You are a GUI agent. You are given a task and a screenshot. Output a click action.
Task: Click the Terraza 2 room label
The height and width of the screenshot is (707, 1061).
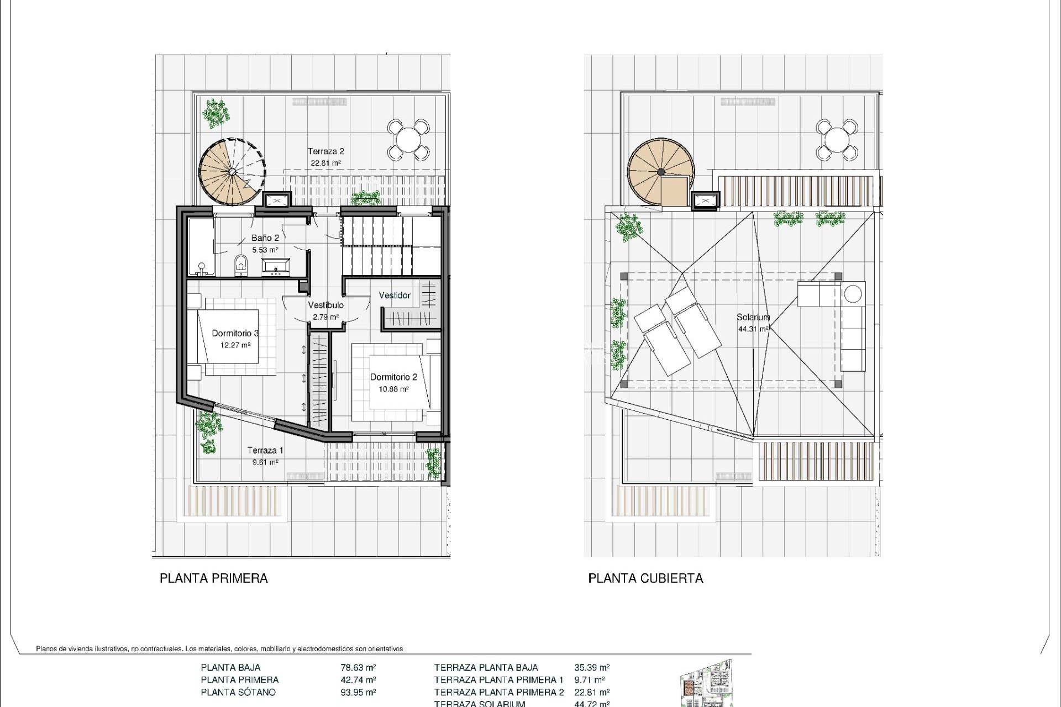pos(326,151)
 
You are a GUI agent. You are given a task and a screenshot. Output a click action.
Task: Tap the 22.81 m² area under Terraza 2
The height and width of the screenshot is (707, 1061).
pos(326,163)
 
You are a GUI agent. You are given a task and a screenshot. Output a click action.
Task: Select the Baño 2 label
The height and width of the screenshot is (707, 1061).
pos(265,238)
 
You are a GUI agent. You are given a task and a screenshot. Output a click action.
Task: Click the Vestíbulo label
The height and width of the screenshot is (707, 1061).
pos(326,305)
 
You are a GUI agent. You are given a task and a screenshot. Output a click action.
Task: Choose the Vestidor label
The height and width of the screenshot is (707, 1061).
pos(395,296)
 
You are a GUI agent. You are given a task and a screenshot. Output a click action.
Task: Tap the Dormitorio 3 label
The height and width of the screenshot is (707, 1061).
pos(235,334)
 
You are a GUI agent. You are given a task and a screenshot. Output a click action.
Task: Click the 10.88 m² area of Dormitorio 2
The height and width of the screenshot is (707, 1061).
pos(393,389)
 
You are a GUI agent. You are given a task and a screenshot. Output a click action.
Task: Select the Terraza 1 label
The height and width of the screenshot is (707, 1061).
pos(265,451)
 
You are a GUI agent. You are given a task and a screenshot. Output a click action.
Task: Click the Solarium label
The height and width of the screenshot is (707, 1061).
pos(753,318)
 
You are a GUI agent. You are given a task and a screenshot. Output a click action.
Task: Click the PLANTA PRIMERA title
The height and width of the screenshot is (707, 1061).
pos(214,578)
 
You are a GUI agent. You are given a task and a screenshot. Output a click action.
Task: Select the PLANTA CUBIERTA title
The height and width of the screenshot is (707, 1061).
pos(645,578)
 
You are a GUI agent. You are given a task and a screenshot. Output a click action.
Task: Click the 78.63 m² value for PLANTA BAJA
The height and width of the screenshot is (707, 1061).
pos(358,668)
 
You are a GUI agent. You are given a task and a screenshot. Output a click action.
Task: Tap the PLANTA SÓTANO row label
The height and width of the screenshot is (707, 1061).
pos(238,693)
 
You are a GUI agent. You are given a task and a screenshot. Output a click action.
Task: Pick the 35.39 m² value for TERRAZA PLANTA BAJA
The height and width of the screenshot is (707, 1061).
pos(592,668)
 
